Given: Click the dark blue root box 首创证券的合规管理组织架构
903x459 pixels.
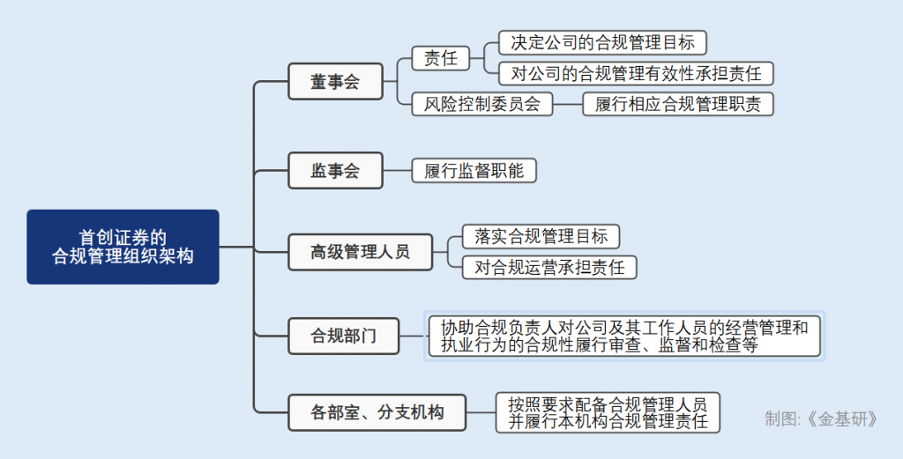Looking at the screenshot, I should [x=123, y=247].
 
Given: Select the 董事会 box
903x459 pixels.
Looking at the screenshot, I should [x=335, y=82].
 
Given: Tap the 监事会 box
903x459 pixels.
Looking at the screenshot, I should [x=335, y=170].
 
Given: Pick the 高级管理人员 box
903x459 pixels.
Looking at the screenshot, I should [x=360, y=252].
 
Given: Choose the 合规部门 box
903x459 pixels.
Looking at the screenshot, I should [x=343, y=336].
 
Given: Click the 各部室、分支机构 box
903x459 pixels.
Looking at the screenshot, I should [x=377, y=411].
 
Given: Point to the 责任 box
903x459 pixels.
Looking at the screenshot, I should [x=441, y=58].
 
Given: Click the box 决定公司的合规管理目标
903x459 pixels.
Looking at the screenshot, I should [x=602, y=41].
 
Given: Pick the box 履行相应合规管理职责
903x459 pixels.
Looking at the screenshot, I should [x=677, y=103].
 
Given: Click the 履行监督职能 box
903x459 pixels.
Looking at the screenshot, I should [x=474, y=170].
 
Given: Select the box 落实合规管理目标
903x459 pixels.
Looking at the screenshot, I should [x=541, y=236].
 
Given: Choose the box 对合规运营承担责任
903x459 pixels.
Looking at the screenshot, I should [x=549, y=267].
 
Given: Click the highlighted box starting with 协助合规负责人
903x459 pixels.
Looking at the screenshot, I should [x=624, y=336].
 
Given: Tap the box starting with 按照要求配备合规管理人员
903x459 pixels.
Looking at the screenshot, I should [x=608, y=411].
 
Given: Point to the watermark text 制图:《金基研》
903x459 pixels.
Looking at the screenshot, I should [x=821, y=418].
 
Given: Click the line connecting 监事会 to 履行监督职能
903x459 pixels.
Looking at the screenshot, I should [x=398, y=170].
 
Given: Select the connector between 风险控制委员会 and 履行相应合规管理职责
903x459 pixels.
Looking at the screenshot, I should [x=567, y=103].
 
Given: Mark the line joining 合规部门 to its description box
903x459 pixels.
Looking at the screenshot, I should [x=413, y=336].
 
